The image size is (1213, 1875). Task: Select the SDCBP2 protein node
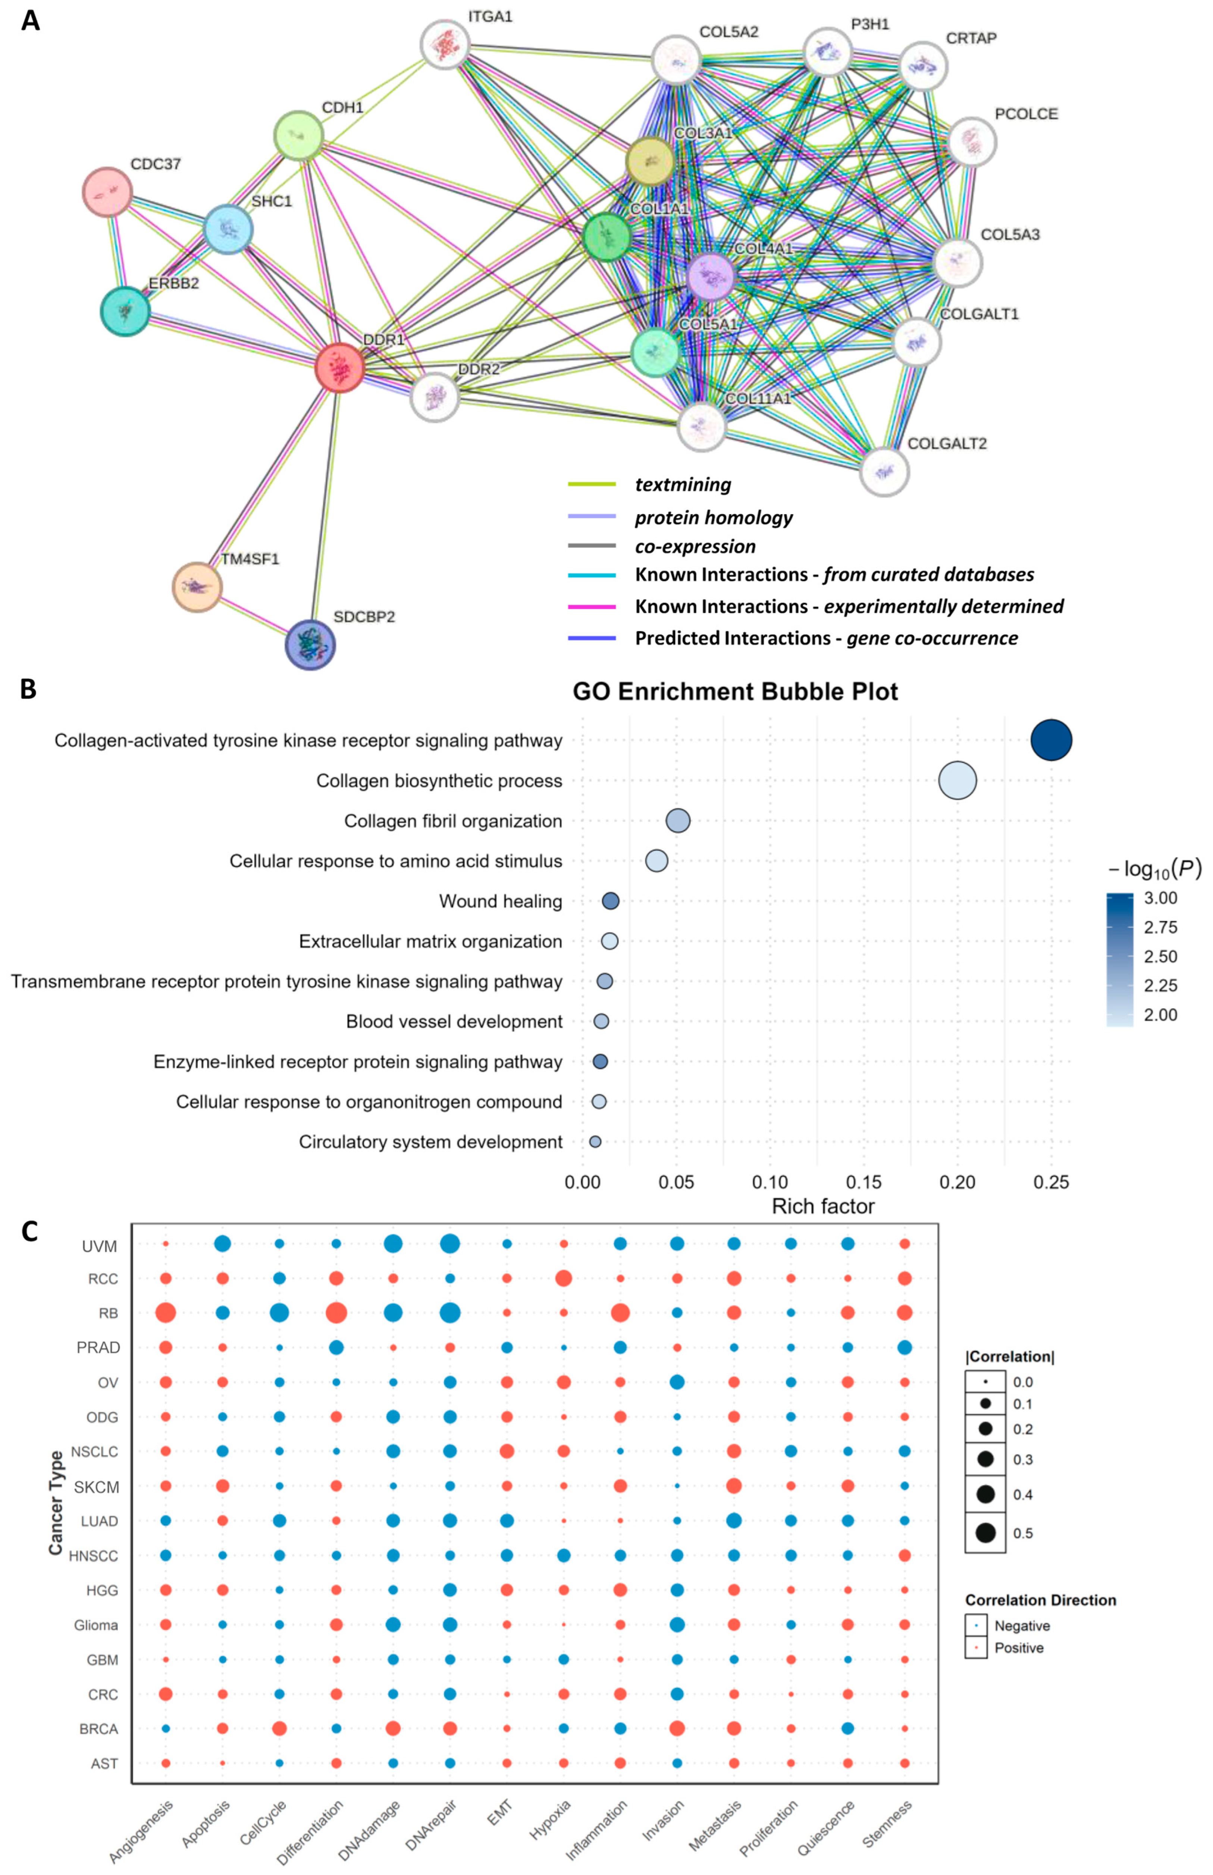310,644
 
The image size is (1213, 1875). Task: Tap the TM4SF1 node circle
197,587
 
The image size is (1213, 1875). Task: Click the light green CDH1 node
298,135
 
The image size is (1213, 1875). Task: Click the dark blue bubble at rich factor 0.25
1051,741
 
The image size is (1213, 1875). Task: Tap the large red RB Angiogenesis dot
165,1313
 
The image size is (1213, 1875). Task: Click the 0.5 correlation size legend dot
985,1532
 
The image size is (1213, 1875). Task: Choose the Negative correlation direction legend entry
1022,1625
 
